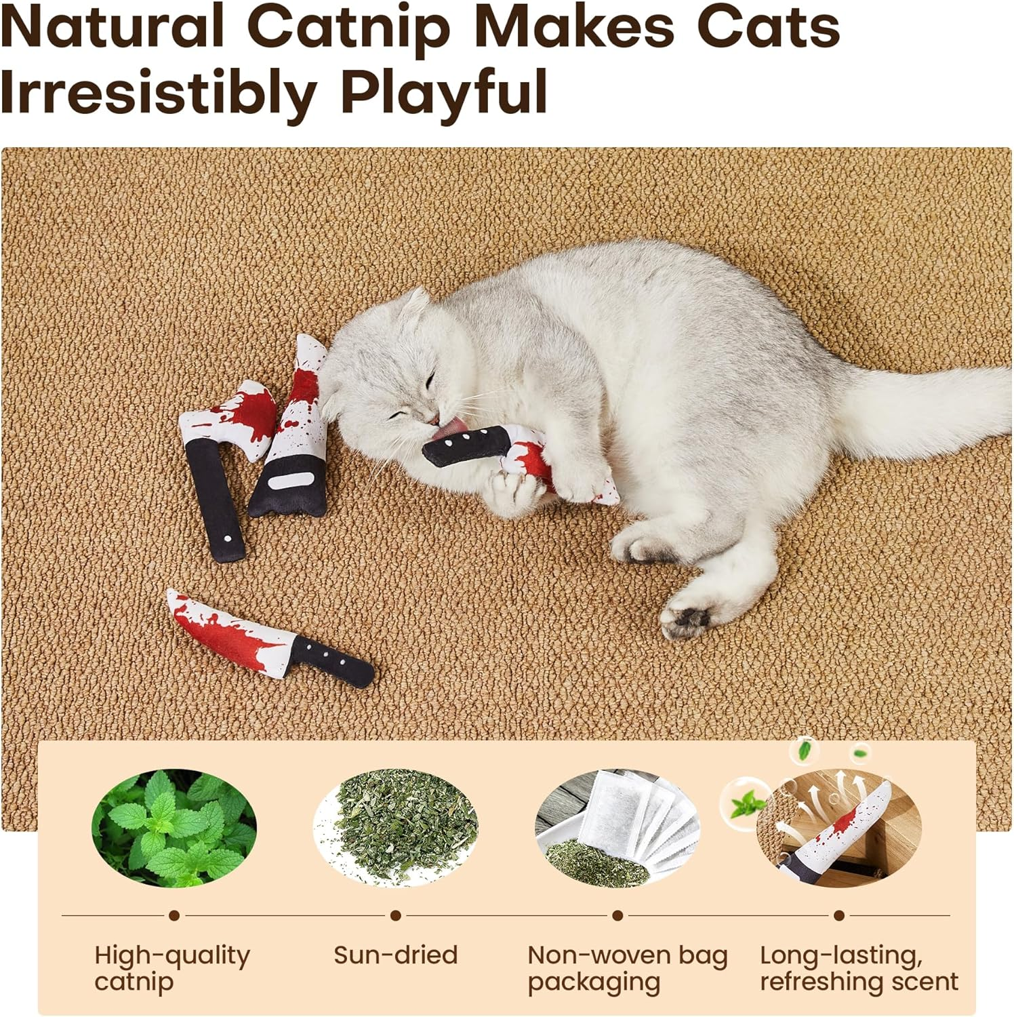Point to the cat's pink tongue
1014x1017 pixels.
[x=448, y=428]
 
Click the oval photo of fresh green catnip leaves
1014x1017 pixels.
[x=174, y=828]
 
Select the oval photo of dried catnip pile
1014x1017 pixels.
[x=396, y=828]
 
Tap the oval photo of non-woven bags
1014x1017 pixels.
[x=617, y=828]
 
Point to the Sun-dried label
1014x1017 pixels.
[x=396, y=955]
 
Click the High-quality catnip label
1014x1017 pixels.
[x=172, y=968]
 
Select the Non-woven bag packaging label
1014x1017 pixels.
[x=628, y=968]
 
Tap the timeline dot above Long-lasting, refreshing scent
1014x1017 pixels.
[x=839, y=915]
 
